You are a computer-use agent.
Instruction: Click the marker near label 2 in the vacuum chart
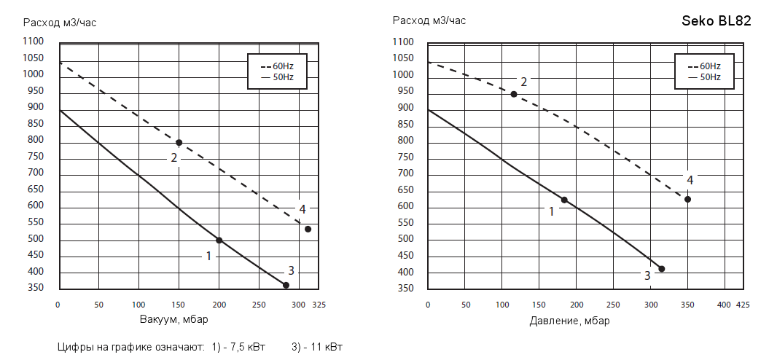click(x=179, y=142)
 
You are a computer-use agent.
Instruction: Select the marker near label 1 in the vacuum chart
click(x=219, y=240)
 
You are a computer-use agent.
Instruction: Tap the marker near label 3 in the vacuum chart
click(x=286, y=285)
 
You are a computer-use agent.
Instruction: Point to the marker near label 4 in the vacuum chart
click(x=308, y=229)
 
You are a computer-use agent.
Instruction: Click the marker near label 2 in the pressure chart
click(x=514, y=94)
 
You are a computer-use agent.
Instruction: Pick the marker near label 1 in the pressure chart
click(x=564, y=200)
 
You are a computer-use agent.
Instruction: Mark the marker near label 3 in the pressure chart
click(x=662, y=269)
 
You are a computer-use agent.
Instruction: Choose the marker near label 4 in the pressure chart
click(x=687, y=199)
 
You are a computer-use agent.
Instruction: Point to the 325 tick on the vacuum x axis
click(x=319, y=305)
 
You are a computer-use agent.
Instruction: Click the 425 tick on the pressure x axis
click(x=741, y=305)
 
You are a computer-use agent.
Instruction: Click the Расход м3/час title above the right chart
click(x=429, y=20)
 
